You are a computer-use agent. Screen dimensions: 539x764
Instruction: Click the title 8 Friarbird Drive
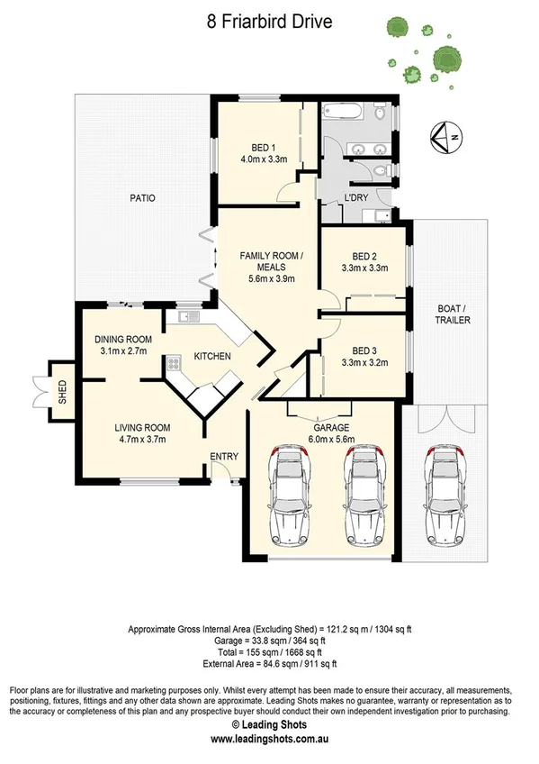[270, 22]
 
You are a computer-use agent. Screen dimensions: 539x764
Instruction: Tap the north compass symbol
[446, 138]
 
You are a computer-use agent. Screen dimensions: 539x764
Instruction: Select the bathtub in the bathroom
[342, 112]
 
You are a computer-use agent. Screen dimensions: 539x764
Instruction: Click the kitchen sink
[189, 317]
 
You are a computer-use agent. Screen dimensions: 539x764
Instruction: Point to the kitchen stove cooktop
[174, 363]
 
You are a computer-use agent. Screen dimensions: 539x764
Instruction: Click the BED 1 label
[264, 148]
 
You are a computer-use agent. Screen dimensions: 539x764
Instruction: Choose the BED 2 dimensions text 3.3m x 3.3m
[364, 268]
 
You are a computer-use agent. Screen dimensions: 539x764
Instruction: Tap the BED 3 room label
[364, 350]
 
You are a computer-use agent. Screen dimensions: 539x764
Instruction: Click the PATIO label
[142, 198]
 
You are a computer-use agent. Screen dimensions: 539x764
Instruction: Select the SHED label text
[62, 392]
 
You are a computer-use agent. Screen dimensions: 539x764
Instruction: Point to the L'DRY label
[356, 198]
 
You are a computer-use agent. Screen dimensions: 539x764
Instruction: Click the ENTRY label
[224, 457]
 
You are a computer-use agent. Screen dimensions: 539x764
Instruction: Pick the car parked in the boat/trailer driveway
[445, 495]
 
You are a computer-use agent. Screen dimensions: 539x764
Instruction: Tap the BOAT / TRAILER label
[453, 314]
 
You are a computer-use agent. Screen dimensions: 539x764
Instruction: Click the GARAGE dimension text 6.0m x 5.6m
[331, 439]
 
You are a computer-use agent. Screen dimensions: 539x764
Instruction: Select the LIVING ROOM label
[142, 428]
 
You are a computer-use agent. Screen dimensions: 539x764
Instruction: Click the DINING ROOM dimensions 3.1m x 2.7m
[123, 350]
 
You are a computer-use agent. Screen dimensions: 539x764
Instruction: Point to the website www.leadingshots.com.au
[270, 739]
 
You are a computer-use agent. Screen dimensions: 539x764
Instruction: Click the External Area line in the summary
[270, 664]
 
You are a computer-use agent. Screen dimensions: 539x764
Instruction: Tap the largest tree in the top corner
[446, 59]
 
